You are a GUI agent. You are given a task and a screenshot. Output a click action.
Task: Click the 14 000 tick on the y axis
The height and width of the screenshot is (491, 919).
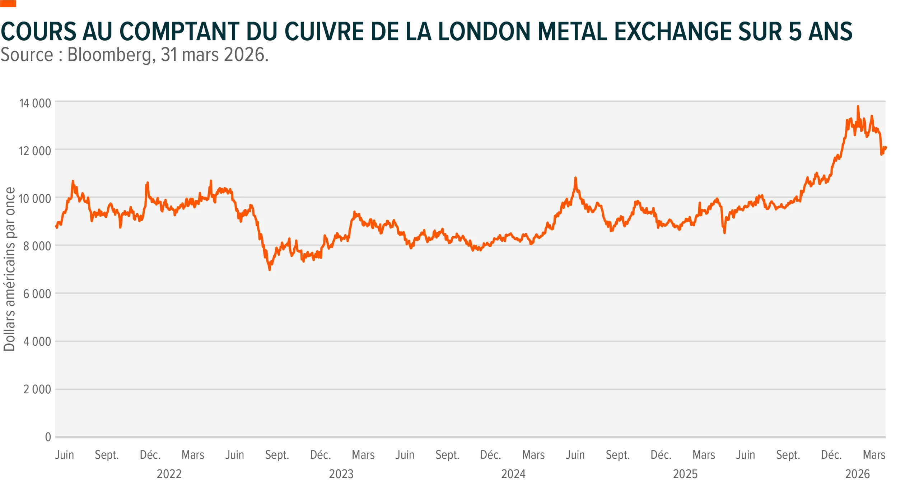coord(35,103)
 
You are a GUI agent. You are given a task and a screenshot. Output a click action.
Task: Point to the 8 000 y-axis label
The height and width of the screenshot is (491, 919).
coord(37,246)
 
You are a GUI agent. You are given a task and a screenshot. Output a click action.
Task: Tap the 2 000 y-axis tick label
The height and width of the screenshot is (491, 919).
coord(37,389)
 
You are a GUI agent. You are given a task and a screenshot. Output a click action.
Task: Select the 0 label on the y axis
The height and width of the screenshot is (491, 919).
coord(48,437)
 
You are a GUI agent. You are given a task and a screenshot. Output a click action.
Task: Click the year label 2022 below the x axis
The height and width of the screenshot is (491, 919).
coord(169,474)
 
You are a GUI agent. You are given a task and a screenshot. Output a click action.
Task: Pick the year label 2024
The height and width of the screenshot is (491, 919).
coord(513,474)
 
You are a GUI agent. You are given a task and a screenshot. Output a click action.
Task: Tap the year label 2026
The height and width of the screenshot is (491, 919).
coord(858,474)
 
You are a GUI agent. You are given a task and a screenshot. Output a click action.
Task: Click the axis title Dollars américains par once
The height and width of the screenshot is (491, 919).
coord(9,269)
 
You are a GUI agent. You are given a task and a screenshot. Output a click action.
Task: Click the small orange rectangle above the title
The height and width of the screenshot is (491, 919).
coord(8,4)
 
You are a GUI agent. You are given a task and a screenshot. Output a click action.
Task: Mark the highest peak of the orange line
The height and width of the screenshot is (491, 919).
coord(858,106)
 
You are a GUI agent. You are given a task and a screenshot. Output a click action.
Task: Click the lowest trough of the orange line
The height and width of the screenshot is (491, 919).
coord(270,270)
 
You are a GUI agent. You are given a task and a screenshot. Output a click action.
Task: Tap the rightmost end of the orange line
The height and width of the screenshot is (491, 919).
coord(886,147)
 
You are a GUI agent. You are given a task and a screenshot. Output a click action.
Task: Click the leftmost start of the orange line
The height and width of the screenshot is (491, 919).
coord(56,226)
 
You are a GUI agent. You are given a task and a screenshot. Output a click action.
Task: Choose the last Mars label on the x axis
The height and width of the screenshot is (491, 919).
coord(874,455)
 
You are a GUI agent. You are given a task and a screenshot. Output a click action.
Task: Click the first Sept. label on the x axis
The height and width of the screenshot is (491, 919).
coord(107,455)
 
